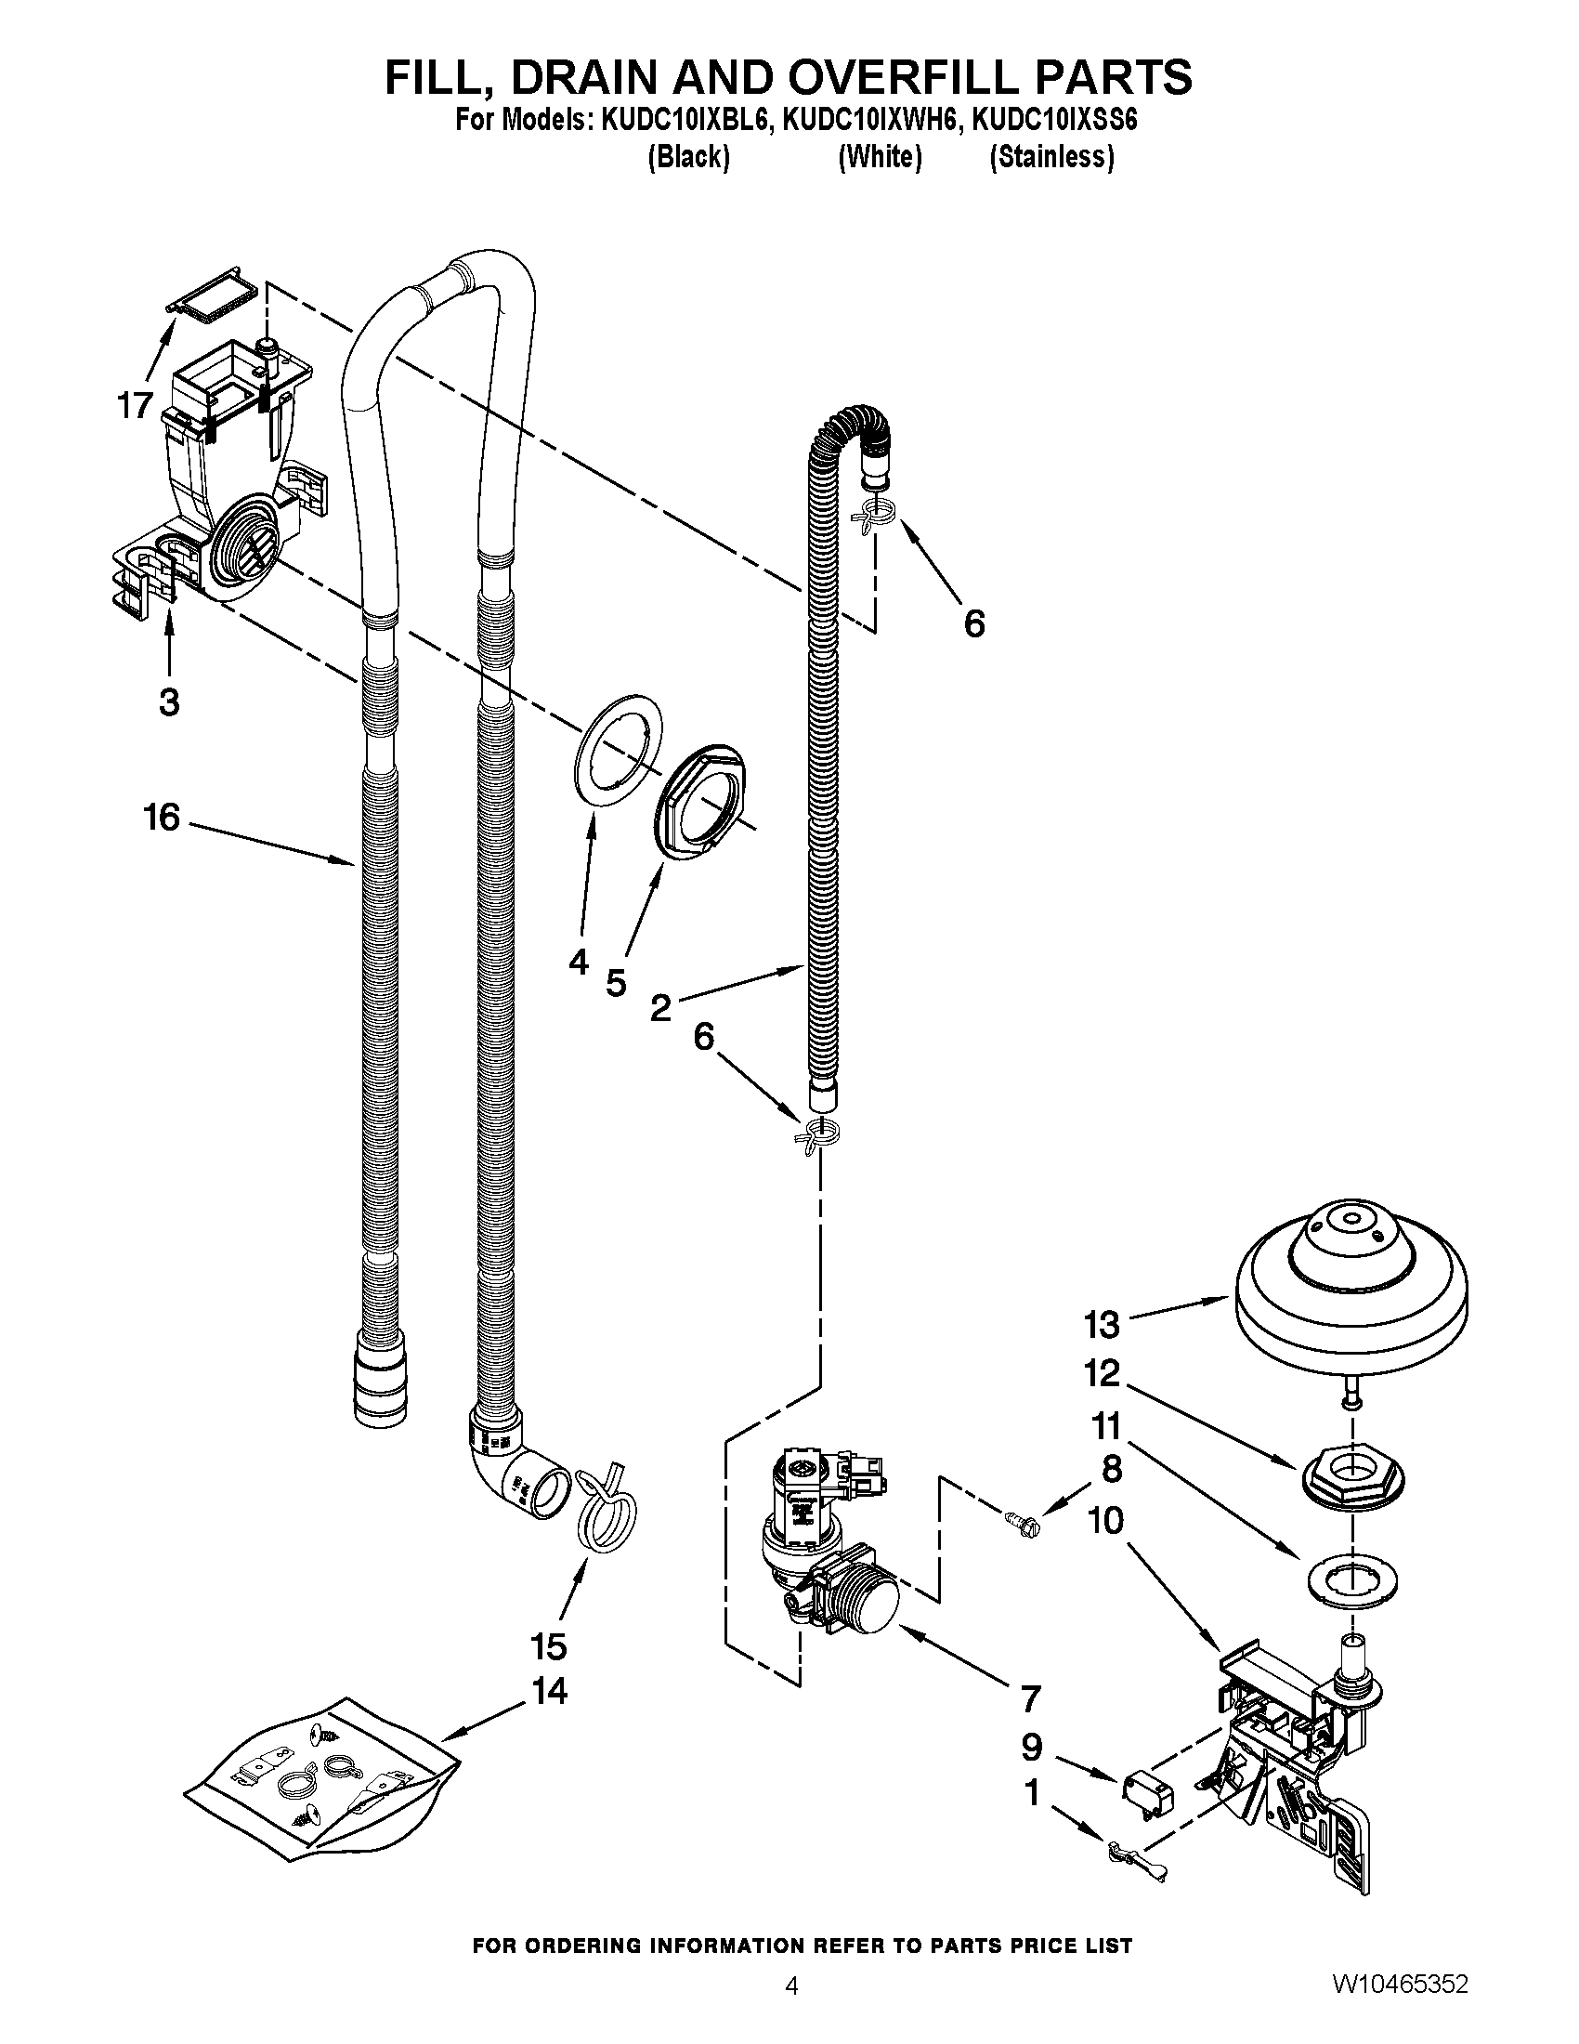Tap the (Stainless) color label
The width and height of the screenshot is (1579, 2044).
coord(1051,157)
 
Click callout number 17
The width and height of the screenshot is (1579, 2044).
coord(135,405)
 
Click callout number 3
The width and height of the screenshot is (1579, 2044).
coord(168,701)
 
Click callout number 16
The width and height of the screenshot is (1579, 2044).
coord(161,817)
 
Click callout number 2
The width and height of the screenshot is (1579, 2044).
coord(660,1008)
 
